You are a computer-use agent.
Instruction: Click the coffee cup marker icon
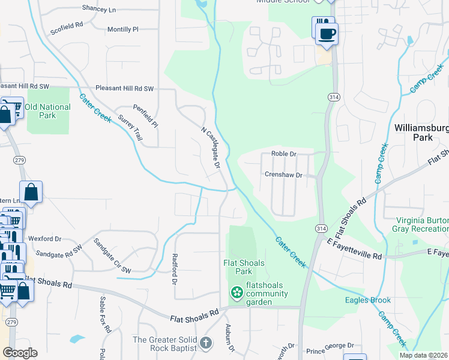coord(327,34)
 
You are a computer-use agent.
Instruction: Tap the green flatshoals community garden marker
coord(237,293)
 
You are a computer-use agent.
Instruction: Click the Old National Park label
coord(47,111)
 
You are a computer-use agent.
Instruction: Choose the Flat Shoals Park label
coord(243,267)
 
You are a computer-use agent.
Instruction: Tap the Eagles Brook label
coord(368,300)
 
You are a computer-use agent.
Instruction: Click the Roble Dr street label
coord(284,154)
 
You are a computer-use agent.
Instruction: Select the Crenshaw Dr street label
coord(282,175)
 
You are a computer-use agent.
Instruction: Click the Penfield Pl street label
coord(146,117)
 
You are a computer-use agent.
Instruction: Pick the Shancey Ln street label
coord(99,10)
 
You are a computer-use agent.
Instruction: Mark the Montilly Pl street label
coord(122,29)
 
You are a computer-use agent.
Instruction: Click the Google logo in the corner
coord(20,352)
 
